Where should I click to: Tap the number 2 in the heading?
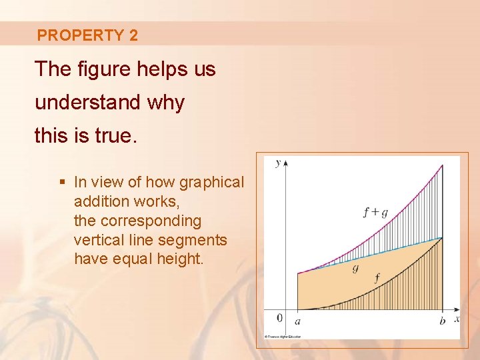(x=133, y=35)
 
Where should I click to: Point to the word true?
(x=113, y=136)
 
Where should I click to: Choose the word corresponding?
(x=150, y=221)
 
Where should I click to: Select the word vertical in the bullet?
(x=99, y=240)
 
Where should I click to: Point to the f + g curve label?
(x=375, y=212)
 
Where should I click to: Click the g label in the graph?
(x=355, y=267)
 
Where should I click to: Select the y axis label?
(x=277, y=163)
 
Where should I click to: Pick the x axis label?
(x=457, y=319)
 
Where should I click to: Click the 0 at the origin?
(x=279, y=318)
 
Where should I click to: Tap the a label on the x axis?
(x=297, y=321)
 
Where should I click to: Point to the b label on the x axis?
(x=442, y=321)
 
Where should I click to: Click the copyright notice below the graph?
(x=283, y=336)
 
